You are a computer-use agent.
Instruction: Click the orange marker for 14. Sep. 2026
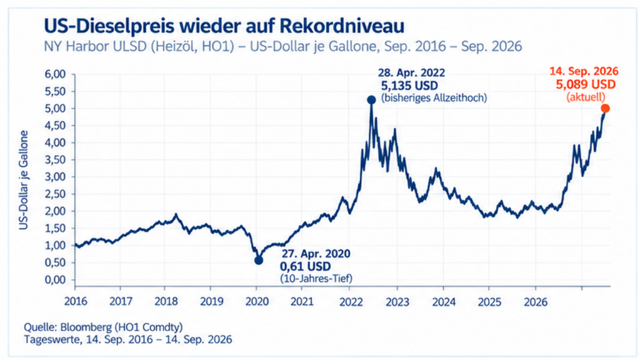click(605, 108)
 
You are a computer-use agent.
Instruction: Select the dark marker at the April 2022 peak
click(371, 99)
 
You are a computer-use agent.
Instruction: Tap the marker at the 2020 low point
click(259, 260)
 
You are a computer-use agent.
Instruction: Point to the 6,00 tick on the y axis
click(55, 74)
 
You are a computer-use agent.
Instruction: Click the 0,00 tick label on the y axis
click(55, 280)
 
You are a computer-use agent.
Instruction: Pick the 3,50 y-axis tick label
click(55, 160)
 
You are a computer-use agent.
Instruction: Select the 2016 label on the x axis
click(76, 301)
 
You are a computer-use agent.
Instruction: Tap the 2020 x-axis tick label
click(257, 301)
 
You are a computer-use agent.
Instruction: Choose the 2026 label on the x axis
click(536, 301)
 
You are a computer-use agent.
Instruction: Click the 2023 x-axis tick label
click(397, 301)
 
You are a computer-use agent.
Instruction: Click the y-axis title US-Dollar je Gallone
click(24, 180)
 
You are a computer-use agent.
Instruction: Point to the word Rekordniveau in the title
click(342, 26)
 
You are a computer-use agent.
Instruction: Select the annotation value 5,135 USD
click(409, 86)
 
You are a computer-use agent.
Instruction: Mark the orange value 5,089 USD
click(586, 84)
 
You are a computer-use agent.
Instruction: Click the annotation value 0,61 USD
click(305, 266)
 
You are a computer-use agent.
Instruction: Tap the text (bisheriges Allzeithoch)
click(434, 98)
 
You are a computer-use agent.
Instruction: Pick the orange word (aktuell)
click(586, 97)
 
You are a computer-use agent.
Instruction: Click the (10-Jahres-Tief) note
click(316, 278)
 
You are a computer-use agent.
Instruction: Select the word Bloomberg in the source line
click(86, 327)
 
